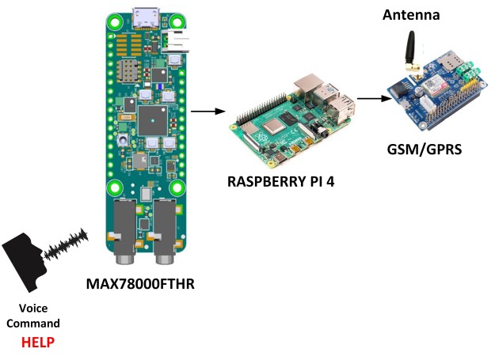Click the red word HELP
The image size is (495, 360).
click(38, 343)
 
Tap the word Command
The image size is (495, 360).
click(38, 324)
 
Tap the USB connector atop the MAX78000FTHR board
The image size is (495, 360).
click(144, 15)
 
